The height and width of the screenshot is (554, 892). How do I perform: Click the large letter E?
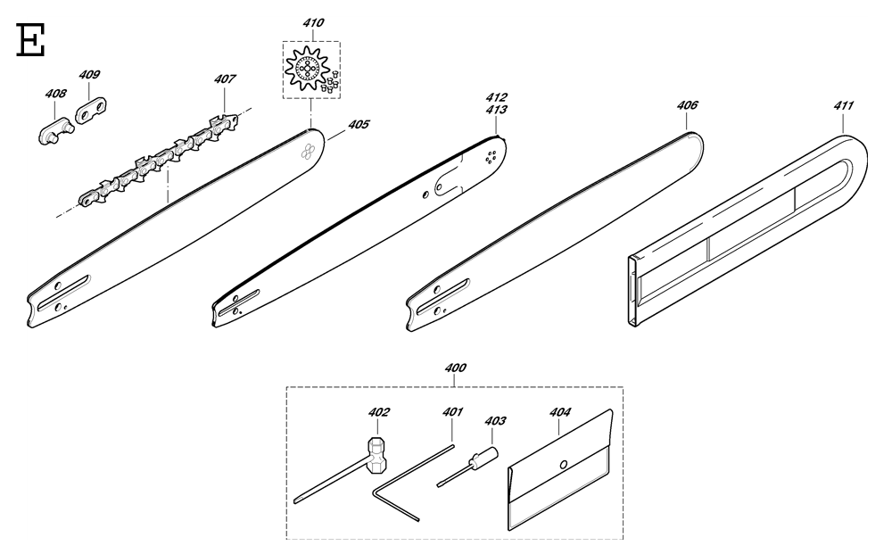coord(30,40)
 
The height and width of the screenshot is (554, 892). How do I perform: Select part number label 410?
coord(313,23)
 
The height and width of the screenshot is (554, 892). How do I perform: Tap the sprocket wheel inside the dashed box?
coord(308,70)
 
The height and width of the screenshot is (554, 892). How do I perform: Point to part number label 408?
coord(55,94)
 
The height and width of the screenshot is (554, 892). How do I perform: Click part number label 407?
coord(225,79)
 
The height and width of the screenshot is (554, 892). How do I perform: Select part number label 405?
coord(359,125)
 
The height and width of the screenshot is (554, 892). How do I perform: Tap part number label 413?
coord(497,110)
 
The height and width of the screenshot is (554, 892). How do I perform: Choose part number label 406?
coord(687,105)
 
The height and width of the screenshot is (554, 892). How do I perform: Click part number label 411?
coord(844,106)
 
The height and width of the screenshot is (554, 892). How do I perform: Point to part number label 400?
coord(455,368)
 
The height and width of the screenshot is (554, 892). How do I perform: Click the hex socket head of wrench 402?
coord(376,454)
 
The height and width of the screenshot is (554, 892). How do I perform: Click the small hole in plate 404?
coord(563,465)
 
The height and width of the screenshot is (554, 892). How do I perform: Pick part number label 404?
coord(560,412)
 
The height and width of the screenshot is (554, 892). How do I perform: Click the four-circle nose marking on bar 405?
coord(308,151)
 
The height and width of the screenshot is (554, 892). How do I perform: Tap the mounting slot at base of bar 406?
coord(443,296)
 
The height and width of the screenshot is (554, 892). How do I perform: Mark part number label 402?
coord(379,412)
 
